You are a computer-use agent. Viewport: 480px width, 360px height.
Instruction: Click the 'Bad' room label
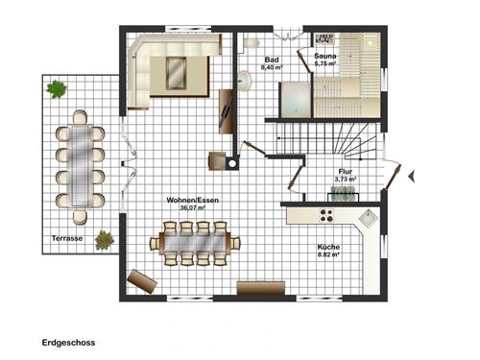click(272, 60)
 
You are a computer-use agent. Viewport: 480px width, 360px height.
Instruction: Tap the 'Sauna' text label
click(325, 58)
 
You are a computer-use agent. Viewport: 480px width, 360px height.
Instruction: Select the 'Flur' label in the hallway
click(345, 171)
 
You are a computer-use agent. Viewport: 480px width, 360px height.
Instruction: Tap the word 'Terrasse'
click(66, 237)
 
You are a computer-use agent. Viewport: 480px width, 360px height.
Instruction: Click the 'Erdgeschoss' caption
click(68, 341)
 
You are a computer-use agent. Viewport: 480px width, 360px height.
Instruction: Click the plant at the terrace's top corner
click(57, 89)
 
